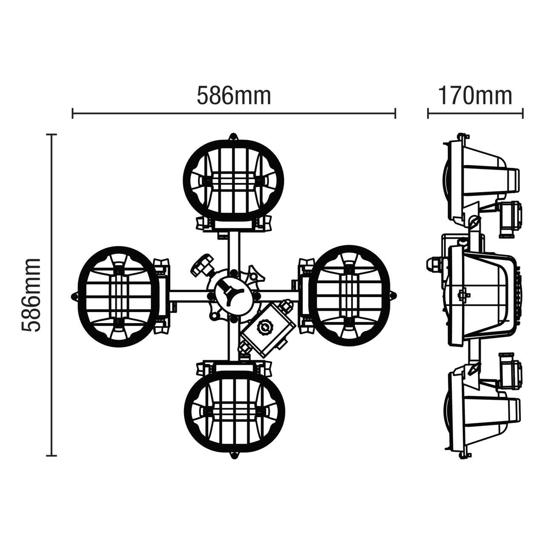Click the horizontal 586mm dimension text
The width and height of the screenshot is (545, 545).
click(x=234, y=96)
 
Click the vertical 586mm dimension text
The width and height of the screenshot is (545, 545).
click(x=31, y=295)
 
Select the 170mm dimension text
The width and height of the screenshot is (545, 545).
click(x=475, y=96)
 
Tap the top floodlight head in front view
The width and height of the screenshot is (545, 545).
click(x=233, y=179)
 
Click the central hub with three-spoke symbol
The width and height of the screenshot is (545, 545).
click(x=230, y=293)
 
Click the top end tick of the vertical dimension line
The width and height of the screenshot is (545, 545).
click(x=52, y=135)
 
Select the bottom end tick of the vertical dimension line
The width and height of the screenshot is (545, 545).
click(x=52, y=456)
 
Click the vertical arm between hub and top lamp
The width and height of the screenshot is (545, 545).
click(x=233, y=251)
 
